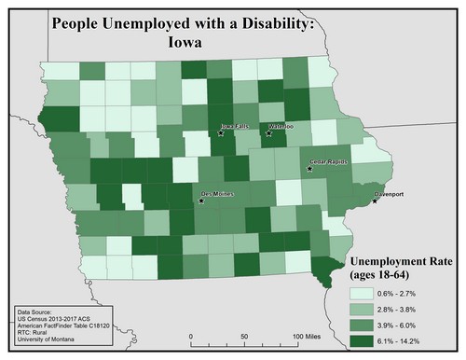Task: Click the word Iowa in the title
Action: tap(187, 42)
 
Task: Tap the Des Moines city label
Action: tap(220, 194)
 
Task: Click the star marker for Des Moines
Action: tap(202, 199)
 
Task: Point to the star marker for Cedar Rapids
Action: tap(310, 168)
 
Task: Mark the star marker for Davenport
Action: tap(375, 174)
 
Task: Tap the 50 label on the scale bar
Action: tap(243, 335)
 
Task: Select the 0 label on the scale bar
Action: tap(190, 335)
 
